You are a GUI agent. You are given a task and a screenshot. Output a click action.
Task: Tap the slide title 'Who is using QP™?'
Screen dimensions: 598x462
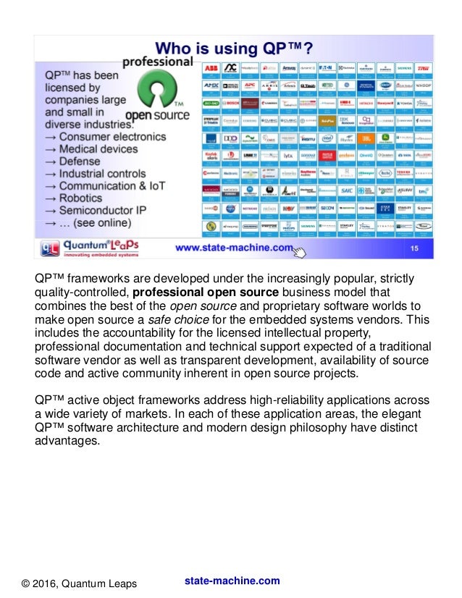pyautogui.click(x=238, y=49)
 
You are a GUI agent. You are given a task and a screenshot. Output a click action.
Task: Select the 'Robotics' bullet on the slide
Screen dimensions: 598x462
pyautogui.click(x=88, y=198)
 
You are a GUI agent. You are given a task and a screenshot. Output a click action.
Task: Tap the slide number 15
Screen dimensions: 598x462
pyautogui.click(x=415, y=248)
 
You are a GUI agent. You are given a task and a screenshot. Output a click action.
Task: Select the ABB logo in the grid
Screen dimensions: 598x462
pyautogui.click(x=211, y=68)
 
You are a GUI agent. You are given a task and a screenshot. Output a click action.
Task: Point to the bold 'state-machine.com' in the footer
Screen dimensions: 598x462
pyautogui.click(x=232, y=581)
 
